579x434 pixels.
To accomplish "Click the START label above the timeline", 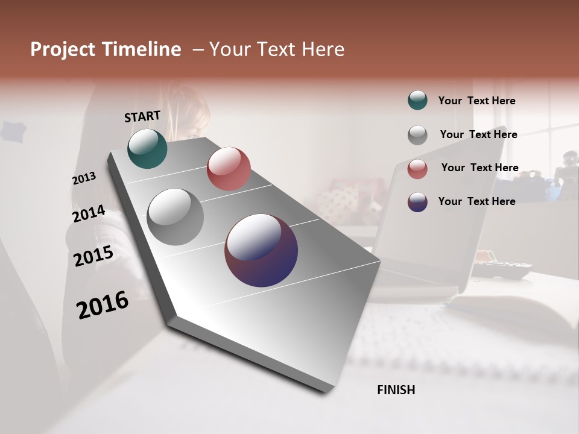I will point(142,116).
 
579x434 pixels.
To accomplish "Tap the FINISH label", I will point(396,390).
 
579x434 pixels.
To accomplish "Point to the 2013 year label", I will point(84,178).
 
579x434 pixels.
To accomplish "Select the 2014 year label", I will point(89,213).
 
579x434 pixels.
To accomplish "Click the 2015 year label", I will point(93,256).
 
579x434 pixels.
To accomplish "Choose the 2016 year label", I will point(103,305).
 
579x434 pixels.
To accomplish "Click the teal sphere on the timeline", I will point(147,148).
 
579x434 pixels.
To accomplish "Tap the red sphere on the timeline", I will point(229,168).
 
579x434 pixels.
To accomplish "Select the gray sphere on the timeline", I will point(175,217).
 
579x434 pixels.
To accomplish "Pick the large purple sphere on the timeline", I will point(261,250).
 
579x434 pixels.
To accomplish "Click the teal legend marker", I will point(417,101).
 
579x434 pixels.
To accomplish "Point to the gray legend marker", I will point(417,135).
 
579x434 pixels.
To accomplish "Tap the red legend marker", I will point(417,169).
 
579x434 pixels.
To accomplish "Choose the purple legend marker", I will point(417,202).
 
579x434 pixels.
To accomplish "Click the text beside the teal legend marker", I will point(476,101).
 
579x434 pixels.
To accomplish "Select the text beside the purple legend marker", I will point(476,201).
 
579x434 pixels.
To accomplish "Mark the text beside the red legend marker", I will point(479,168).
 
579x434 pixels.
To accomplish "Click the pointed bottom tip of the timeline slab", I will point(326,391).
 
